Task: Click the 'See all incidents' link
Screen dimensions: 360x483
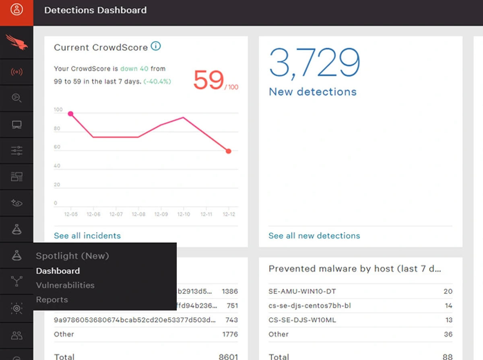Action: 87,236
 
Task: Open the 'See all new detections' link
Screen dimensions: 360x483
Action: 314,236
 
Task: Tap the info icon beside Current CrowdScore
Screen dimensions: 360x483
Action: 155,46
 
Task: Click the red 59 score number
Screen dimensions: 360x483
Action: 208,80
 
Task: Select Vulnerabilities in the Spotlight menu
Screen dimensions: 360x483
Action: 65,285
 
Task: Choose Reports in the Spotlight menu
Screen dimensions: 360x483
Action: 52,300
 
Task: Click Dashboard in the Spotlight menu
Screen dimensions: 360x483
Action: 58,271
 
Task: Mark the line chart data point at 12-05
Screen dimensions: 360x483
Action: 70,114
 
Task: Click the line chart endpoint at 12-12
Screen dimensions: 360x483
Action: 229,151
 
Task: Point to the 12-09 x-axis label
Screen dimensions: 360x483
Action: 161,214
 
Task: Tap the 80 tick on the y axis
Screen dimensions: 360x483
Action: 57,129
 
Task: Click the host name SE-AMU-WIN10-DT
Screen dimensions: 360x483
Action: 302,291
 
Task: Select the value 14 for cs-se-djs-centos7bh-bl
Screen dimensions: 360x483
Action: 448,306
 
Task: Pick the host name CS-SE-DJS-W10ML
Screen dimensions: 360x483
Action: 302,320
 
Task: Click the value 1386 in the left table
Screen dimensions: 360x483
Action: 230,291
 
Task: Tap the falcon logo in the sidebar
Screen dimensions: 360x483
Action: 17,42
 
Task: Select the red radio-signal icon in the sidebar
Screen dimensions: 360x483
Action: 17,72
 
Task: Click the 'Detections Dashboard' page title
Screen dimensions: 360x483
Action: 95,10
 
